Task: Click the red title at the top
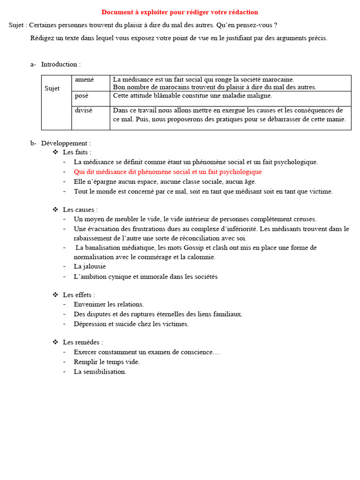180,12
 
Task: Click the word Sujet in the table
52,89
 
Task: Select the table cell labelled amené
84,80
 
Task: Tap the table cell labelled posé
82,96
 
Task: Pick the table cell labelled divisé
83,111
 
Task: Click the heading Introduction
60,64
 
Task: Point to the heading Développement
66,143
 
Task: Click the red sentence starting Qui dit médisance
167,172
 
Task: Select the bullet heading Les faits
77,152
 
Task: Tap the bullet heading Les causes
80,210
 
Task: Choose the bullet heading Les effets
79,295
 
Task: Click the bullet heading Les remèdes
82,342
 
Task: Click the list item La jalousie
90,267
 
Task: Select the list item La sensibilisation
100,372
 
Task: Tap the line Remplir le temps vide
106,362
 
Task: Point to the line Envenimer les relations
109,305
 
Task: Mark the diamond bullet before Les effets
55,295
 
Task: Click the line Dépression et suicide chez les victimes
131,324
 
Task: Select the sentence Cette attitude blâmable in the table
192,96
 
